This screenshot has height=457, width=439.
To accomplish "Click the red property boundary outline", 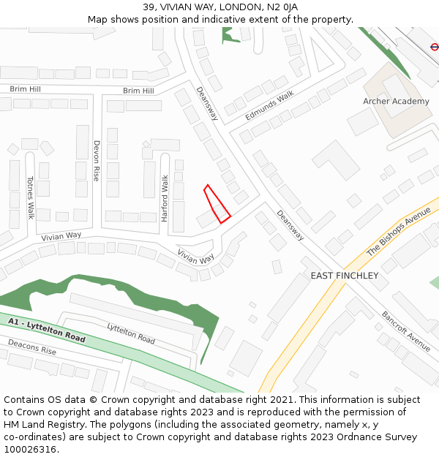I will point(217,203).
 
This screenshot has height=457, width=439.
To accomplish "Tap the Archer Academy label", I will point(396,101).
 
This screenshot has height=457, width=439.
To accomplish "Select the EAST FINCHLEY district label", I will point(345,276).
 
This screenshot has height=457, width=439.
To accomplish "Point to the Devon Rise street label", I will point(97,161).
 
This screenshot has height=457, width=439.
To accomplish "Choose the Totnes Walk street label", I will point(31,197).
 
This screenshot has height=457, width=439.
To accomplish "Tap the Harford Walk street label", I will point(165,197).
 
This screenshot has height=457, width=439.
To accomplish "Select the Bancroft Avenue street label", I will point(405,331).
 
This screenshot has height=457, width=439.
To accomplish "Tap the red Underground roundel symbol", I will point(435,45).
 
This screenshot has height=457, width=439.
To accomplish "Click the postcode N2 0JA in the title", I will point(282,7).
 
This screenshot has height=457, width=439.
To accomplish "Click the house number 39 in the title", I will point(149,7).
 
